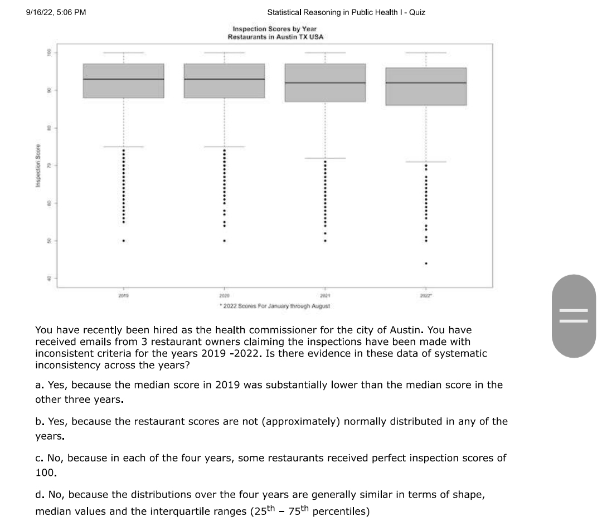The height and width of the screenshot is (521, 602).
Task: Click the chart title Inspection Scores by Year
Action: pos(275,28)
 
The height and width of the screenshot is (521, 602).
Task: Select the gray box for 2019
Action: pos(123,81)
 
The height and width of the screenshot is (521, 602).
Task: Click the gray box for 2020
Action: pos(224,81)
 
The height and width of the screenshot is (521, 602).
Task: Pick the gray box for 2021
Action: pos(325,82)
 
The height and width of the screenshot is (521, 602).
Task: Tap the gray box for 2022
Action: pos(426,86)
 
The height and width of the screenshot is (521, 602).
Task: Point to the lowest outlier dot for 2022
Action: pos(426,263)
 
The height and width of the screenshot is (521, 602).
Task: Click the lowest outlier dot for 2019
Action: pos(123,241)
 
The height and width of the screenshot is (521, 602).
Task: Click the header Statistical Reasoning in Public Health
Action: pos(346,12)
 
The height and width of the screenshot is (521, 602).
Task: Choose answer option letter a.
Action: pos(38,385)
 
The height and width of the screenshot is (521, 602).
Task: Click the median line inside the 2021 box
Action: pos(325,83)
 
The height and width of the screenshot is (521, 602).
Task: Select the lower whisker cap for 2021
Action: pos(325,158)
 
